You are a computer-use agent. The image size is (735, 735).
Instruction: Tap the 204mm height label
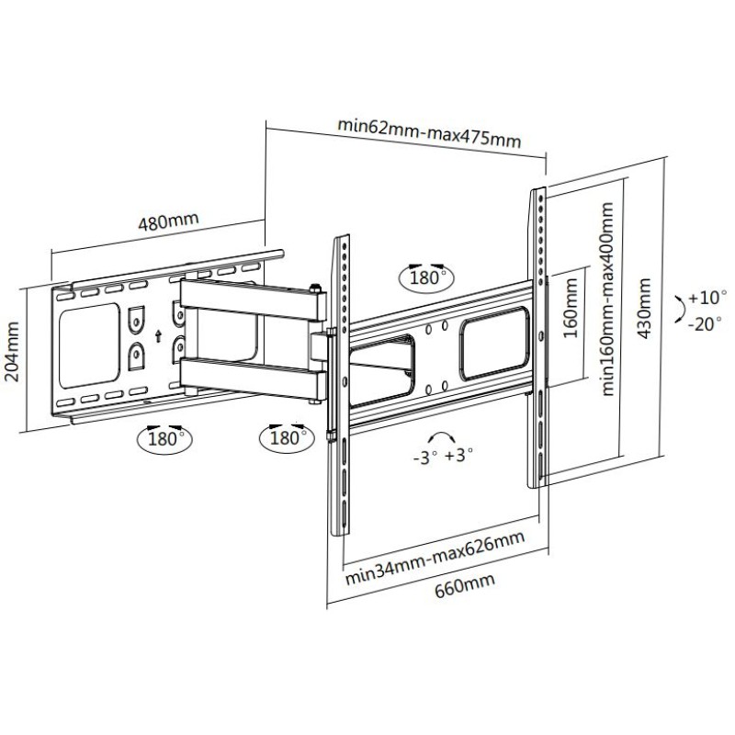click(x=12, y=352)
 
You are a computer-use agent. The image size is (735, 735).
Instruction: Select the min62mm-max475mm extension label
click(x=429, y=132)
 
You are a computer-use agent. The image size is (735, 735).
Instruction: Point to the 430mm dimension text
click(x=645, y=308)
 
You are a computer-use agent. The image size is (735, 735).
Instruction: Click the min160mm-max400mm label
click(x=607, y=300)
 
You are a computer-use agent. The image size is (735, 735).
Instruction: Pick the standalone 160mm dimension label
click(x=571, y=308)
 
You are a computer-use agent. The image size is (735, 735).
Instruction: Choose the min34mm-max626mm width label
click(x=435, y=558)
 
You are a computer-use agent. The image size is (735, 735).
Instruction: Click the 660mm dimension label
click(x=465, y=584)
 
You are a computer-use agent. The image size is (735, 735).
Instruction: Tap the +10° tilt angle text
click(x=707, y=297)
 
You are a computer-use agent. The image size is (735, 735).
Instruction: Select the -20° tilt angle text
click(x=705, y=323)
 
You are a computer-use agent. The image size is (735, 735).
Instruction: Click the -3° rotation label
click(x=425, y=457)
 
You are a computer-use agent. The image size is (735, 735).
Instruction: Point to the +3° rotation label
click(x=458, y=454)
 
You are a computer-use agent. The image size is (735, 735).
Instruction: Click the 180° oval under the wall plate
click(x=164, y=439)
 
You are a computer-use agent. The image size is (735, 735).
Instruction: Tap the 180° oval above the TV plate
click(x=426, y=277)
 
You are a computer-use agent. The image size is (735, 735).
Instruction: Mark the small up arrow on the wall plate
click(x=158, y=335)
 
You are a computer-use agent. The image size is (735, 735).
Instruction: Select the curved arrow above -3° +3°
click(x=441, y=435)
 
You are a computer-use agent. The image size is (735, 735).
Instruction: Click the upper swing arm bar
click(x=254, y=300)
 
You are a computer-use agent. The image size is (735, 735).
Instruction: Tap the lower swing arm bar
click(x=254, y=377)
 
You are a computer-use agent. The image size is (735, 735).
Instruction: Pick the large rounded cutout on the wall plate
click(x=89, y=345)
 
